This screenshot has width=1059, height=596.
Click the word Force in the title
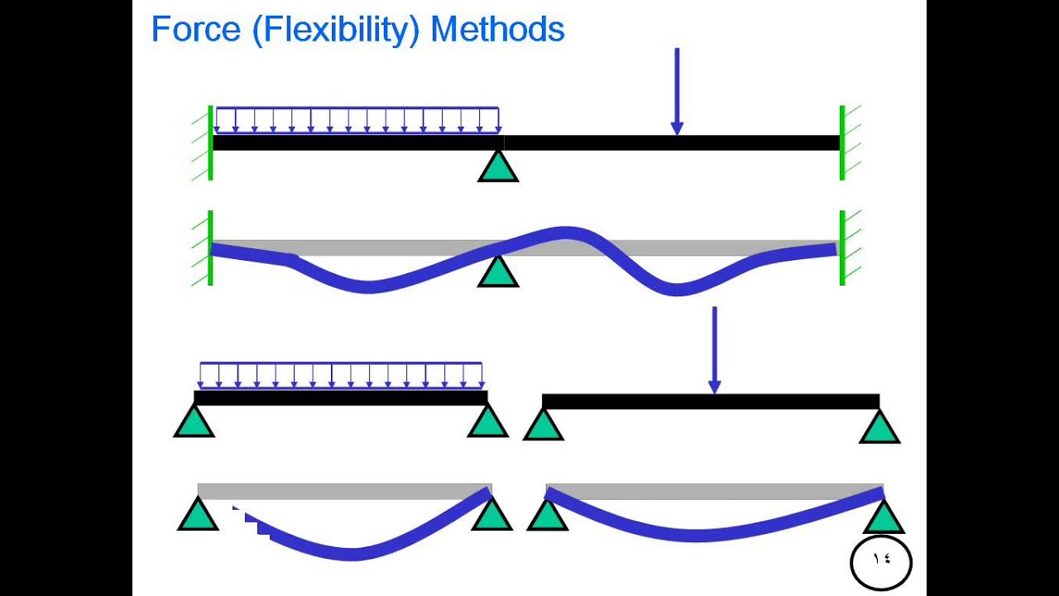(x=196, y=29)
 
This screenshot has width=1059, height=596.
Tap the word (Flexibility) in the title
(x=336, y=31)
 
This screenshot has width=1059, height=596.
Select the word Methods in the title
(x=498, y=29)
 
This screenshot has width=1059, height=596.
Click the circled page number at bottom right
(x=881, y=562)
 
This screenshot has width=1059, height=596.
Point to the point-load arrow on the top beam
(x=677, y=91)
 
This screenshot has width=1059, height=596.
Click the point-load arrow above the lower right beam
(x=714, y=350)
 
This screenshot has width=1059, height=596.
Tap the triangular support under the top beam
(x=498, y=166)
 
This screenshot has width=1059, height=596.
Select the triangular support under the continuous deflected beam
(x=498, y=272)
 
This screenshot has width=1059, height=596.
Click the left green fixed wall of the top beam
(x=210, y=143)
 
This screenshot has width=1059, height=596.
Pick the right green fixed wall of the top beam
(x=842, y=143)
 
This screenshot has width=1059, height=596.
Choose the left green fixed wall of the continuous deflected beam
(x=210, y=248)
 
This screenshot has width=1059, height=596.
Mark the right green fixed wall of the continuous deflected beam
(x=842, y=248)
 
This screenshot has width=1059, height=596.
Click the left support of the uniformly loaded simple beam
(x=194, y=421)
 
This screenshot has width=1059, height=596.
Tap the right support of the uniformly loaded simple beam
(x=487, y=421)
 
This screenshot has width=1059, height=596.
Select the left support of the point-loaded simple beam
(x=544, y=425)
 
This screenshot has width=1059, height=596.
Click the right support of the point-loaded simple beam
(x=879, y=426)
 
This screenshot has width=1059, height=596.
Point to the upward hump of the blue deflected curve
(x=565, y=233)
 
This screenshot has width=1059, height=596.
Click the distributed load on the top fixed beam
(x=357, y=121)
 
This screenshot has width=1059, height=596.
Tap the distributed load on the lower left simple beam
(x=341, y=375)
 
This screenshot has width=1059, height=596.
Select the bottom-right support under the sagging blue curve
(x=884, y=517)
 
